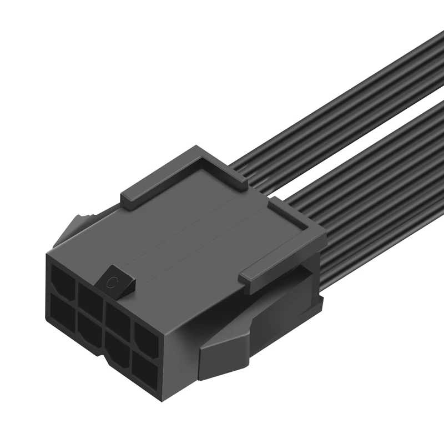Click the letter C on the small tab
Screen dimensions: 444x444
pyautogui.click(x=113, y=282)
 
